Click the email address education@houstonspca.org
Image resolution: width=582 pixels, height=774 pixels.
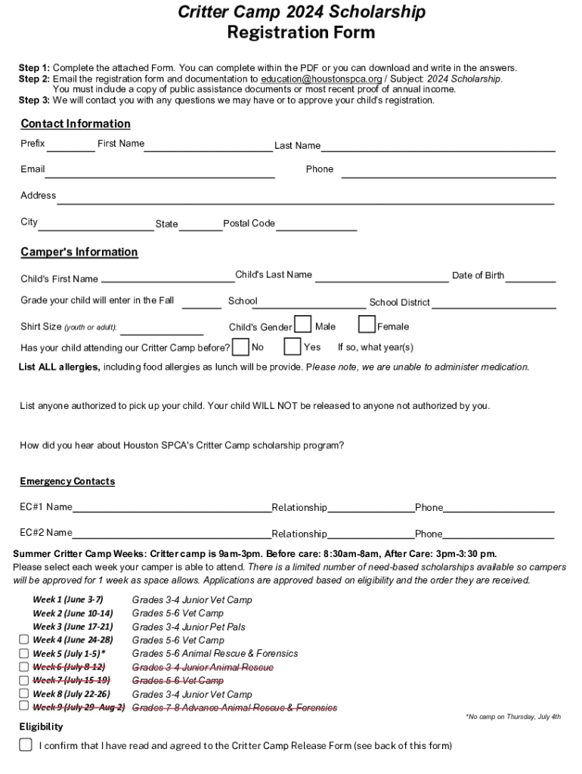321,79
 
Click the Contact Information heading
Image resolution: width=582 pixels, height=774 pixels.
76,124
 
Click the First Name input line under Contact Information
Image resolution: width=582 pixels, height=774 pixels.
209,146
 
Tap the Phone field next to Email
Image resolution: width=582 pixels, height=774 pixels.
448,172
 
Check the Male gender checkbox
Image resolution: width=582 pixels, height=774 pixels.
302,325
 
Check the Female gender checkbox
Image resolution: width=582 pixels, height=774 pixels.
367,325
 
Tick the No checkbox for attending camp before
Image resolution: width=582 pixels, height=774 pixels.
240,347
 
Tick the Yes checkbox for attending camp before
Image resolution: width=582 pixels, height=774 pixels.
293,347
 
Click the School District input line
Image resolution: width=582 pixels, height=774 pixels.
494,303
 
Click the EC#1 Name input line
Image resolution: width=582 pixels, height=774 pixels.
172,509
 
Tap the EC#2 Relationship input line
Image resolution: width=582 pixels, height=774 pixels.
370,535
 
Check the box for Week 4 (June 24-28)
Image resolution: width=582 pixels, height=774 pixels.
24,640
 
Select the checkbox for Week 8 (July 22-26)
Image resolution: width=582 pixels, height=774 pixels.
24,694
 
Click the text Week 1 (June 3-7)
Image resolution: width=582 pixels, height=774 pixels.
68,599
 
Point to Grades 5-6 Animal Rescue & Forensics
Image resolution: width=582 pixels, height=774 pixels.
215,654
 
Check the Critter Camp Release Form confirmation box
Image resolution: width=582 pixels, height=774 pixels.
26,745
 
